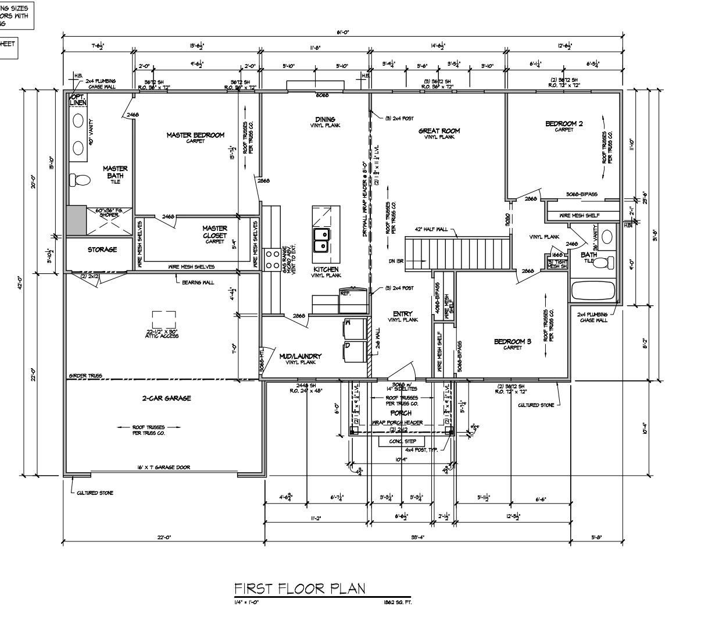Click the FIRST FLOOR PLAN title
point(300,589)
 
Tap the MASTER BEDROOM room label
point(195,136)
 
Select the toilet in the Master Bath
point(81,180)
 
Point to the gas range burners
point(271,259)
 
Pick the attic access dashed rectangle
point(164,320)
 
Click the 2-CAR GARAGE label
point(166,398)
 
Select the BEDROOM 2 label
point(564,123)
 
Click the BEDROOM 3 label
point(513,341)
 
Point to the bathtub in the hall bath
point(593,290)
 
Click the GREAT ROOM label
point(439,131)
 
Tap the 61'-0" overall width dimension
point(342,33)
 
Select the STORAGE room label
point(102,249)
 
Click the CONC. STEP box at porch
point(402,441)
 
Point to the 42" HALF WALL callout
point(431,229)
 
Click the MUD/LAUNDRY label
point(300,356)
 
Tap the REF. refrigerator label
point(345,294)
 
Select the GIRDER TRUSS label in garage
point(85,376)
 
